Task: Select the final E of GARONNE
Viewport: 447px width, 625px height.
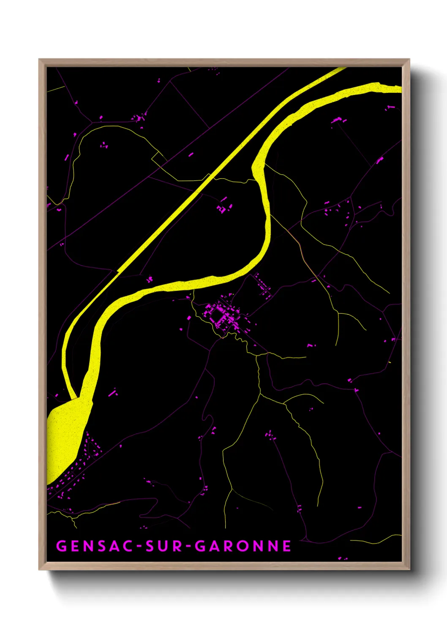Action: tap(287, 546)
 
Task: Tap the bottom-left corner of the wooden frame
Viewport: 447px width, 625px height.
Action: tap(40, 569)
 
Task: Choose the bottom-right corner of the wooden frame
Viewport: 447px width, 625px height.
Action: tap(409, 569)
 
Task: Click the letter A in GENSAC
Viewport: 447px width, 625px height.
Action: tap(117, 546)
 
